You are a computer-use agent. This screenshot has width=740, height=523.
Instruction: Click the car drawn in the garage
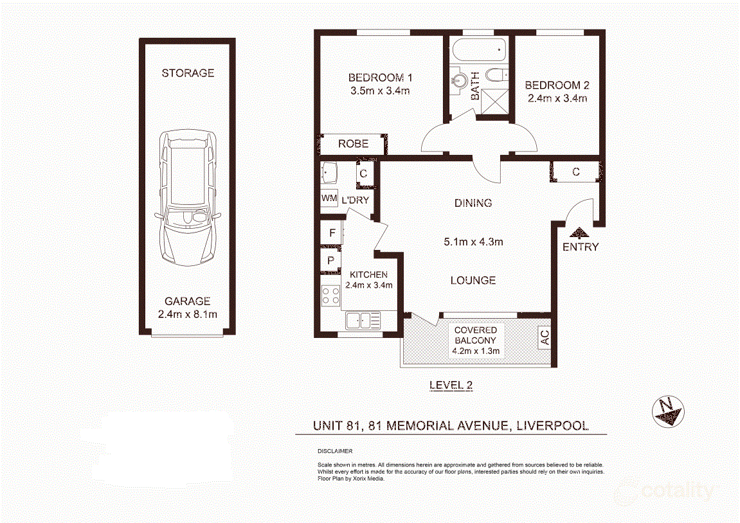coord(188,197)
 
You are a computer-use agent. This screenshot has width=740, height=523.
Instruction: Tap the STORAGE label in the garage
coord(188,73)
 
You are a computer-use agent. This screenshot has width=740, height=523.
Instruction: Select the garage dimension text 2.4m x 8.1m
coord(188,315)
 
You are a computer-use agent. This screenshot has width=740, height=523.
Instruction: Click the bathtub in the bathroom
coord(479,50)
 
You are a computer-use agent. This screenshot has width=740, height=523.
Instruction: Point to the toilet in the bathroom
coord(497,75)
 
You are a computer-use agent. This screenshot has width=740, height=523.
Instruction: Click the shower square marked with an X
coord(494,102)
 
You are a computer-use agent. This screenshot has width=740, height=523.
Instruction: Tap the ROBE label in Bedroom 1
coord(353,144)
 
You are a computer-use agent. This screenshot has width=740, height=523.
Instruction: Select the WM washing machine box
coord(329,199)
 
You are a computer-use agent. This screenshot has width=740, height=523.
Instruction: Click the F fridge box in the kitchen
coord(332,233)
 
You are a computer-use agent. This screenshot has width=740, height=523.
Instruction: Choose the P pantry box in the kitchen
coord(331,260)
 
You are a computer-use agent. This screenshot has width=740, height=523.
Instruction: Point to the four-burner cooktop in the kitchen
coord(331,295)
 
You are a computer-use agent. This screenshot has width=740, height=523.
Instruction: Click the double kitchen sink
coord(363,321)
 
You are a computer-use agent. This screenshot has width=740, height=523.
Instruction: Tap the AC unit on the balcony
coord(545,337)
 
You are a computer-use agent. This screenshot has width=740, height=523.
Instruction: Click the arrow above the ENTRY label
coord(579,233)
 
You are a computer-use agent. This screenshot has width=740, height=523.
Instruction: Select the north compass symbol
coord(668,412)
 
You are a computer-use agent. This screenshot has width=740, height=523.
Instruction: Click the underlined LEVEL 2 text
coord(451,386)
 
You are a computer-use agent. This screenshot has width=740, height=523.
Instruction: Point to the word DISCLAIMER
coord(335,451)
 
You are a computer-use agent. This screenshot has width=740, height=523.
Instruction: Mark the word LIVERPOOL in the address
coord(553,426)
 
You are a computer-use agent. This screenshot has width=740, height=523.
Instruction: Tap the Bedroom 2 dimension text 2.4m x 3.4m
coord(557,98)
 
